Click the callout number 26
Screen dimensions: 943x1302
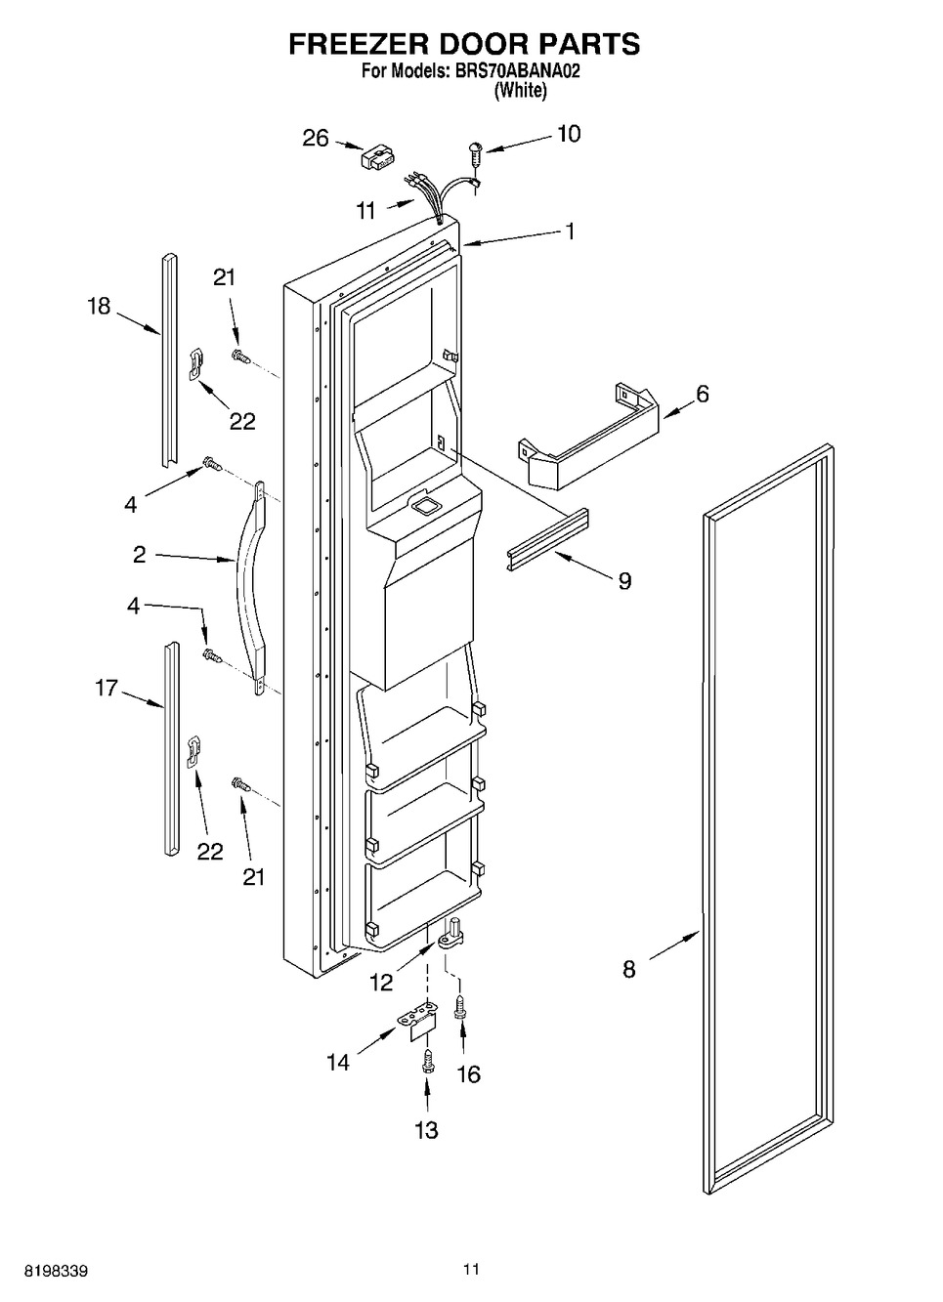[x=316, y=139]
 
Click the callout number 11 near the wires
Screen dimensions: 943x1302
[x=365, y=210]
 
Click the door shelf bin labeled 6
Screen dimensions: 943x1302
[x=588, y=435]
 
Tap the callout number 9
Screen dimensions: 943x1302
[x=624, y=580]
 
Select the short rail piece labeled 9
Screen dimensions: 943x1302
[x=547, y=540]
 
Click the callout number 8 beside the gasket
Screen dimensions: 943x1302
[x=629, y=968]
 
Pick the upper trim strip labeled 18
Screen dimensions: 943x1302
[x=169, y=360]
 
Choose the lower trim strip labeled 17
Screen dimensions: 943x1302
[x=171, y=748]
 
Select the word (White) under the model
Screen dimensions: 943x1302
[x=520, y=91]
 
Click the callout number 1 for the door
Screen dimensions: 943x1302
[x=571, y=231]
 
